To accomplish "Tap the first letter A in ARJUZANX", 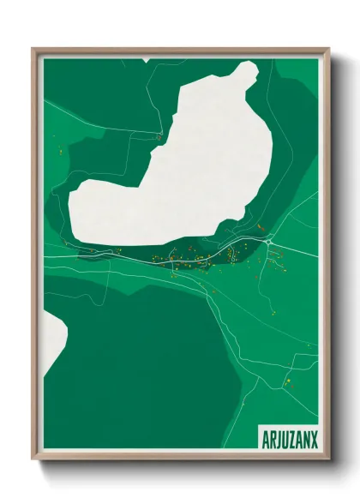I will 266,438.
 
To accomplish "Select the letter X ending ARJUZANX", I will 314,438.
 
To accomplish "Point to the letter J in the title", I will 279,438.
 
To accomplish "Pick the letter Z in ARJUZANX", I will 293,438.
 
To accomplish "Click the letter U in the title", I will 286,438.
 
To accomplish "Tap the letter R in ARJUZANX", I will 273,438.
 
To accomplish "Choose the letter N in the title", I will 307,438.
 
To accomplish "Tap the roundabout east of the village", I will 269,243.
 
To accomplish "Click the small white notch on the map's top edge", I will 147,60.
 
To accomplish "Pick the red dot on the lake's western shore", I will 158,136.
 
